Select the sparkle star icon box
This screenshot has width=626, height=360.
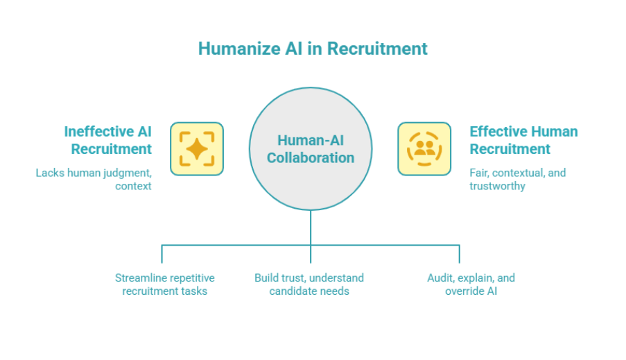tap(197, 149)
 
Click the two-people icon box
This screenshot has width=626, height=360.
tap(424, 149)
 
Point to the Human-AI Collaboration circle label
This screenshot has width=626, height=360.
tap(311, 149)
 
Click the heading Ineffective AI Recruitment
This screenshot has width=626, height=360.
tap(107, 140)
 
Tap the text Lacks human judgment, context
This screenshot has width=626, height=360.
tap(94, 179)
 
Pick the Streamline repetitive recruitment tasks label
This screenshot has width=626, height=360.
tap(165, 284)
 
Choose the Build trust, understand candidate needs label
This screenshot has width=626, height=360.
tap(309, 284)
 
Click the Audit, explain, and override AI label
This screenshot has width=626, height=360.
tap(471, 284)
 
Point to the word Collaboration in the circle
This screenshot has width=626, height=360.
tap(311, 158)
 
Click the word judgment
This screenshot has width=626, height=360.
tap(125, 173)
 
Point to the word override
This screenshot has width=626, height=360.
tap(464, 291)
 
